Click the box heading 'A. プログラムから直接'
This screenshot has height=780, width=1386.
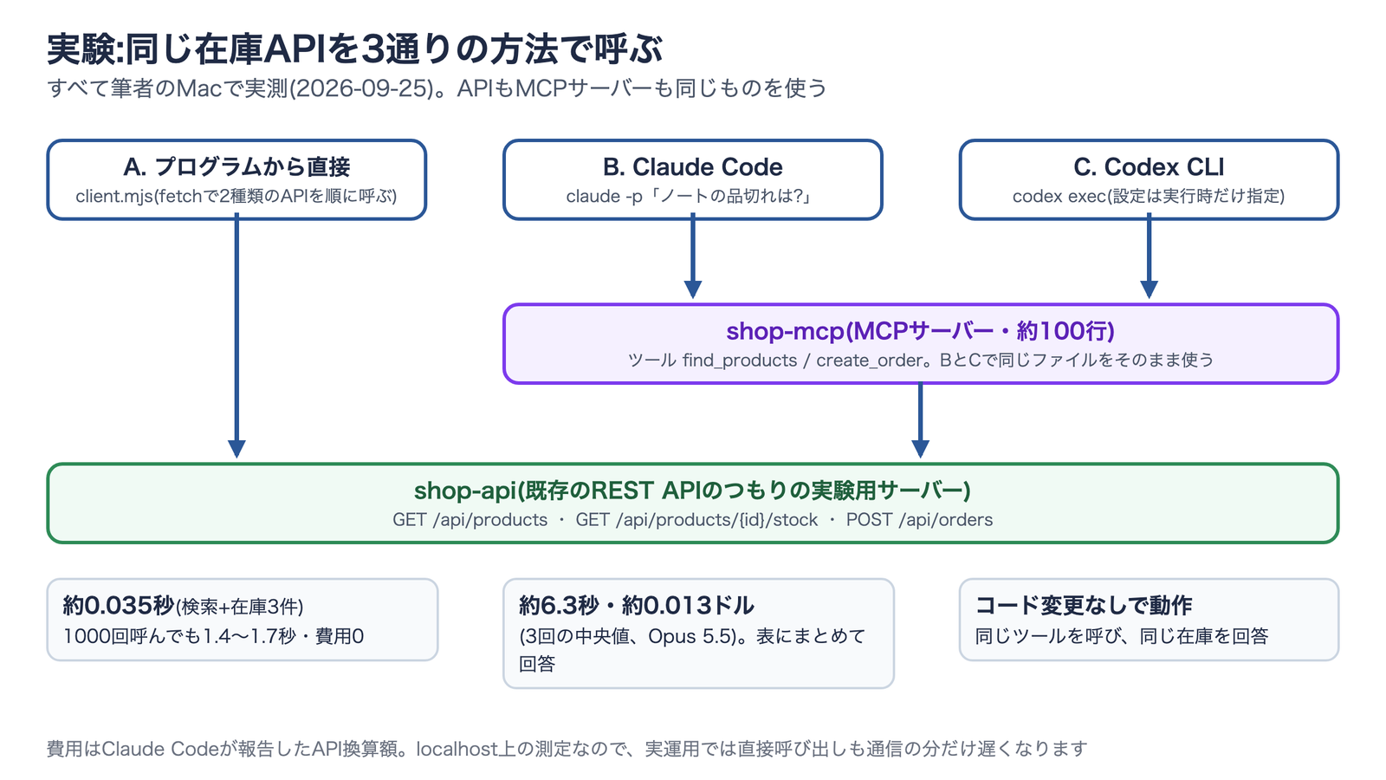(236, 167)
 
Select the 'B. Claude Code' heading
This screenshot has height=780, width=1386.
(692, 167)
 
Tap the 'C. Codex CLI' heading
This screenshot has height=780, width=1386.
(1149, 167)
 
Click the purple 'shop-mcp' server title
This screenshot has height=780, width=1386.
(920, 331)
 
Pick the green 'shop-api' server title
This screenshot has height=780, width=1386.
(692, 491)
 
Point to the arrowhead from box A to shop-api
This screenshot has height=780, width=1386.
(236, 449)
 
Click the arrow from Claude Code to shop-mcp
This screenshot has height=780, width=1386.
(692, 256)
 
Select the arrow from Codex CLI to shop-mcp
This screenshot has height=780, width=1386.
(1149, 256)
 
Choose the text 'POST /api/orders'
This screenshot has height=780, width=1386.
(919, 520)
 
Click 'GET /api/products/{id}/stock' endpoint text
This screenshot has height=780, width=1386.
(696, 520)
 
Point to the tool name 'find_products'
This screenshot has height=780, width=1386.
(740, 361)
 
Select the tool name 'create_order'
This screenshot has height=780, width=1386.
(870, 361)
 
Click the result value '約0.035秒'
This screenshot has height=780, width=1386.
(118, 606)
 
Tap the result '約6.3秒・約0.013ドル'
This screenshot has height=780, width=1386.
(636, 606)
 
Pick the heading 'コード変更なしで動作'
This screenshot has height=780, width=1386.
(1084, 606)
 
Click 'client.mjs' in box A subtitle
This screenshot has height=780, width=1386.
(113, 196)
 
